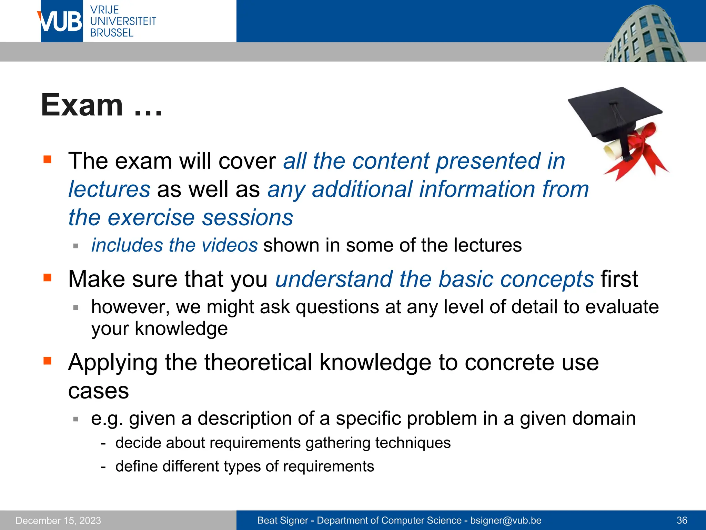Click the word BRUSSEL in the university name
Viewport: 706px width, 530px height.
coord(112,33)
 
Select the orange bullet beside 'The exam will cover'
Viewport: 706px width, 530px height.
coord(47,159)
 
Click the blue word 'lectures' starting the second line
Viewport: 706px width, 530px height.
coord(109,189)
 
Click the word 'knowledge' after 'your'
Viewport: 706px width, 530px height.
coord(181,328)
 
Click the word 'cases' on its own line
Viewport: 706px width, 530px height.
coord(99,391)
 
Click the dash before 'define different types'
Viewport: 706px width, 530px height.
coord(103,467)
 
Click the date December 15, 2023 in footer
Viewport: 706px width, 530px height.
coord(58,520)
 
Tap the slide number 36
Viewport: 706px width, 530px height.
coord(682,520)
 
